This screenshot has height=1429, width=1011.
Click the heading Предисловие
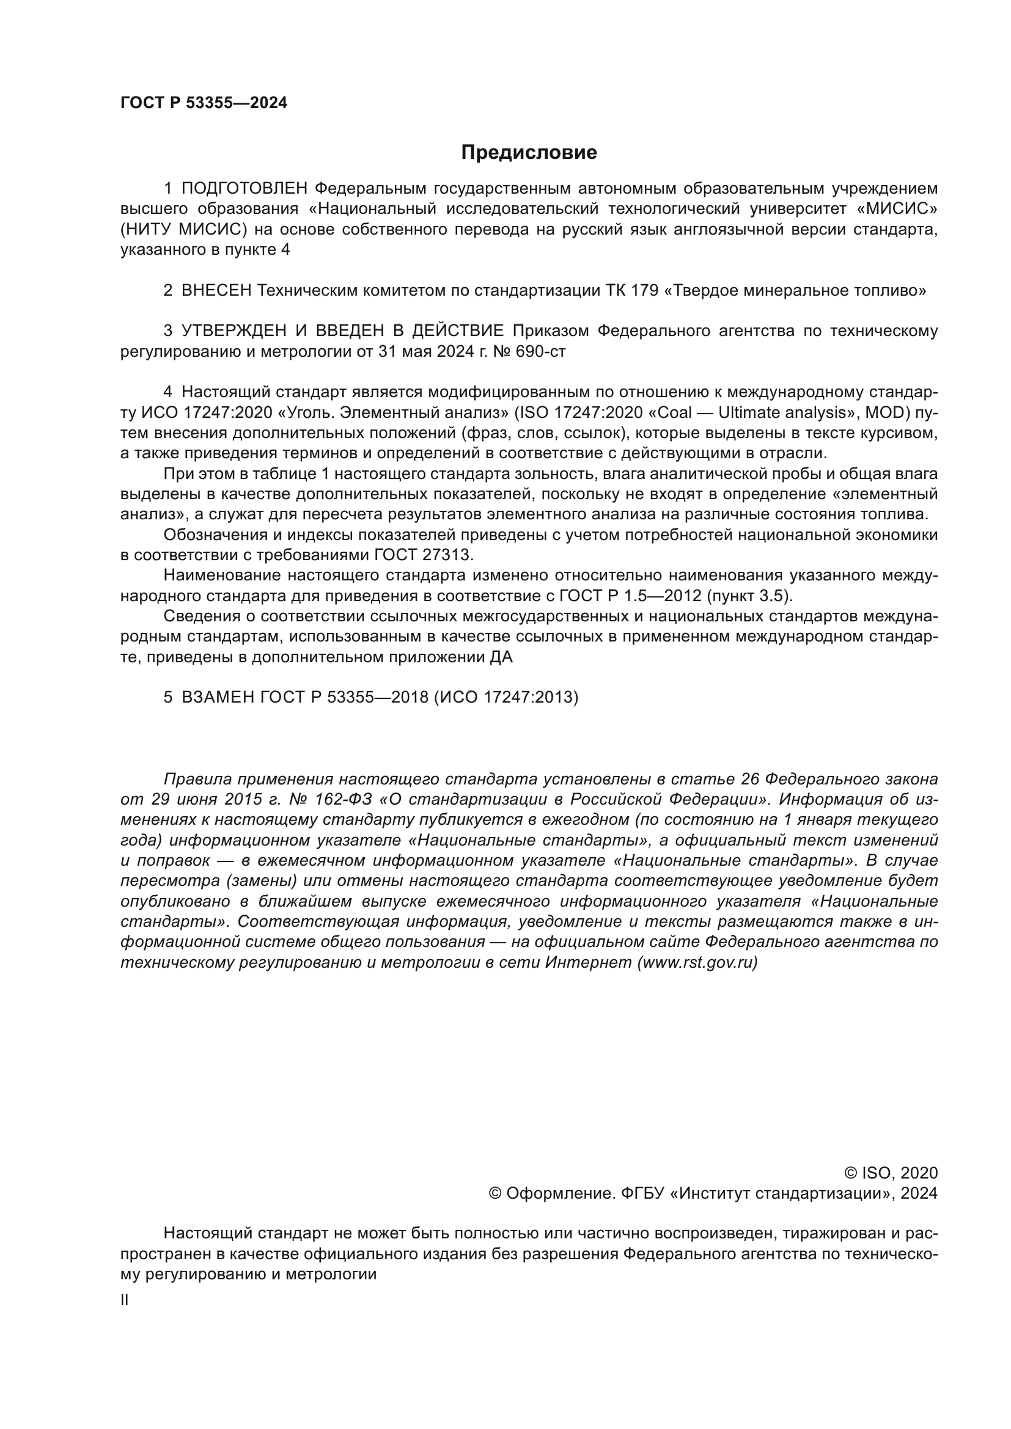click(x=529, y=153)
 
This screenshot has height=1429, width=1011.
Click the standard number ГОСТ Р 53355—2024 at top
click(x=204, y=103)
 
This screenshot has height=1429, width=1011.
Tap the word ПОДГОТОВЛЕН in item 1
click(x=244, y=189)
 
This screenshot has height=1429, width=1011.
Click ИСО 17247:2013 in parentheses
click(x=505, y=697)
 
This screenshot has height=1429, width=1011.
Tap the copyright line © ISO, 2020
click(x=891, y=1173)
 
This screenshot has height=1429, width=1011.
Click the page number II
click(x=125, y=1301)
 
